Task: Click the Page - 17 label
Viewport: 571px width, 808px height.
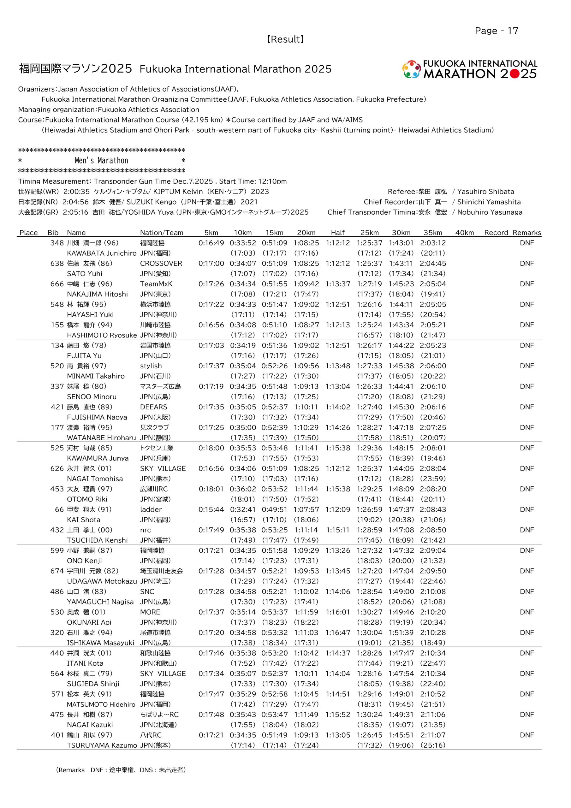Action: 497,31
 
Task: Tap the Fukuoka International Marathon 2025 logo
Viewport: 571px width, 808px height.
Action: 470,69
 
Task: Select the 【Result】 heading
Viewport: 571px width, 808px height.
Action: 285,39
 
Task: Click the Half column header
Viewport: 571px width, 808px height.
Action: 338,233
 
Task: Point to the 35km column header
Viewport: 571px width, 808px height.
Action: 433,233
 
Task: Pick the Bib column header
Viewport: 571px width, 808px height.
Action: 53,233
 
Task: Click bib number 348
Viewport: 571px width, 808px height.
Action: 57,243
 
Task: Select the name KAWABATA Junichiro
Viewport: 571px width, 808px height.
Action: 101,253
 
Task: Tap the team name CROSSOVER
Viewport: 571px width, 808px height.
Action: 161,263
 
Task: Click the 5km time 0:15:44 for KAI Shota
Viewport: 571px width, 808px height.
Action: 211,509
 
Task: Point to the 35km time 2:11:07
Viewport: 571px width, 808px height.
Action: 433,735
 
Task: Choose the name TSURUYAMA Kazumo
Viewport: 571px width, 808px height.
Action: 102,745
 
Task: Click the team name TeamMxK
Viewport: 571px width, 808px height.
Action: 156,284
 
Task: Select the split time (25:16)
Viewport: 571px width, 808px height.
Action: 433,745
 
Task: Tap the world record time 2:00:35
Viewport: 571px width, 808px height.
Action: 76,192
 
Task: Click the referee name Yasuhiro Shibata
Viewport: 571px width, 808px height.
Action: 485,192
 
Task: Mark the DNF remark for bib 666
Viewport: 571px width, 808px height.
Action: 526,284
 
